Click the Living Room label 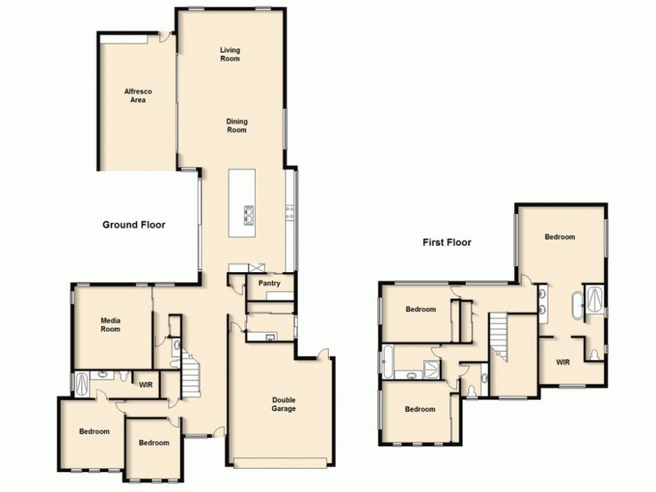230,55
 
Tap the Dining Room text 236,126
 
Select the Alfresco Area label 134,95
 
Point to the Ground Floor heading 134,224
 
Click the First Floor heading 447,242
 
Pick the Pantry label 270,284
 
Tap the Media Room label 111,325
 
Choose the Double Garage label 284,404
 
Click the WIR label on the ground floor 146,382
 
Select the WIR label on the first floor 563,362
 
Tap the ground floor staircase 191,373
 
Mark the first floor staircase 499,336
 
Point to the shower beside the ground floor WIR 83,383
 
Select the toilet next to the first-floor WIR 593,354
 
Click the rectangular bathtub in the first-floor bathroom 388,361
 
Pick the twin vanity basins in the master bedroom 544,299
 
